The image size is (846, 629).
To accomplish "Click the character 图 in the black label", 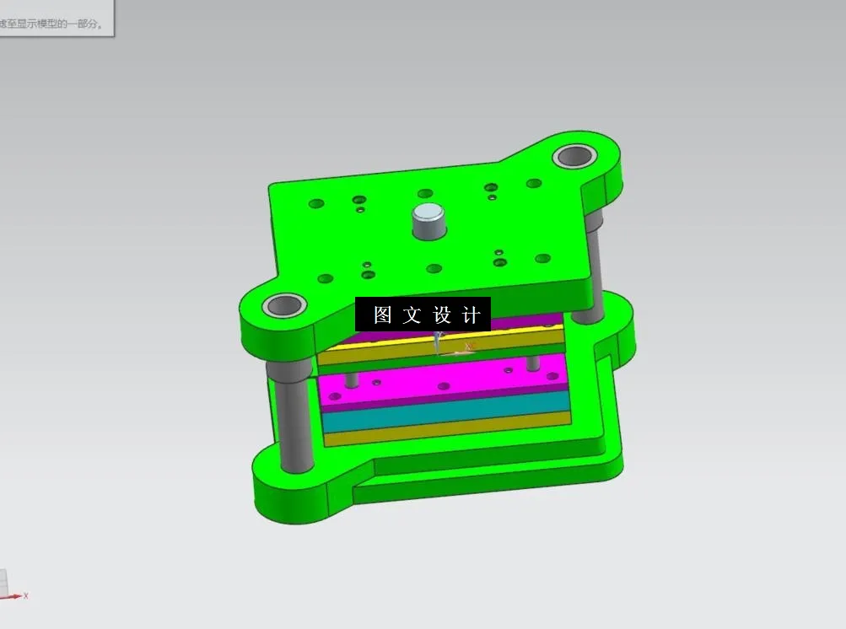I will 383,314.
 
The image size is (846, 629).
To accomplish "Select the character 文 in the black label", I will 411,314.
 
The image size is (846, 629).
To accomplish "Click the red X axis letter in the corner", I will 26,595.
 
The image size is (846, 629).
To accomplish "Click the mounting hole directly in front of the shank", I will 434,269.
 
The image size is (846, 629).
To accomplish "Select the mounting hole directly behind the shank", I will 425,194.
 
